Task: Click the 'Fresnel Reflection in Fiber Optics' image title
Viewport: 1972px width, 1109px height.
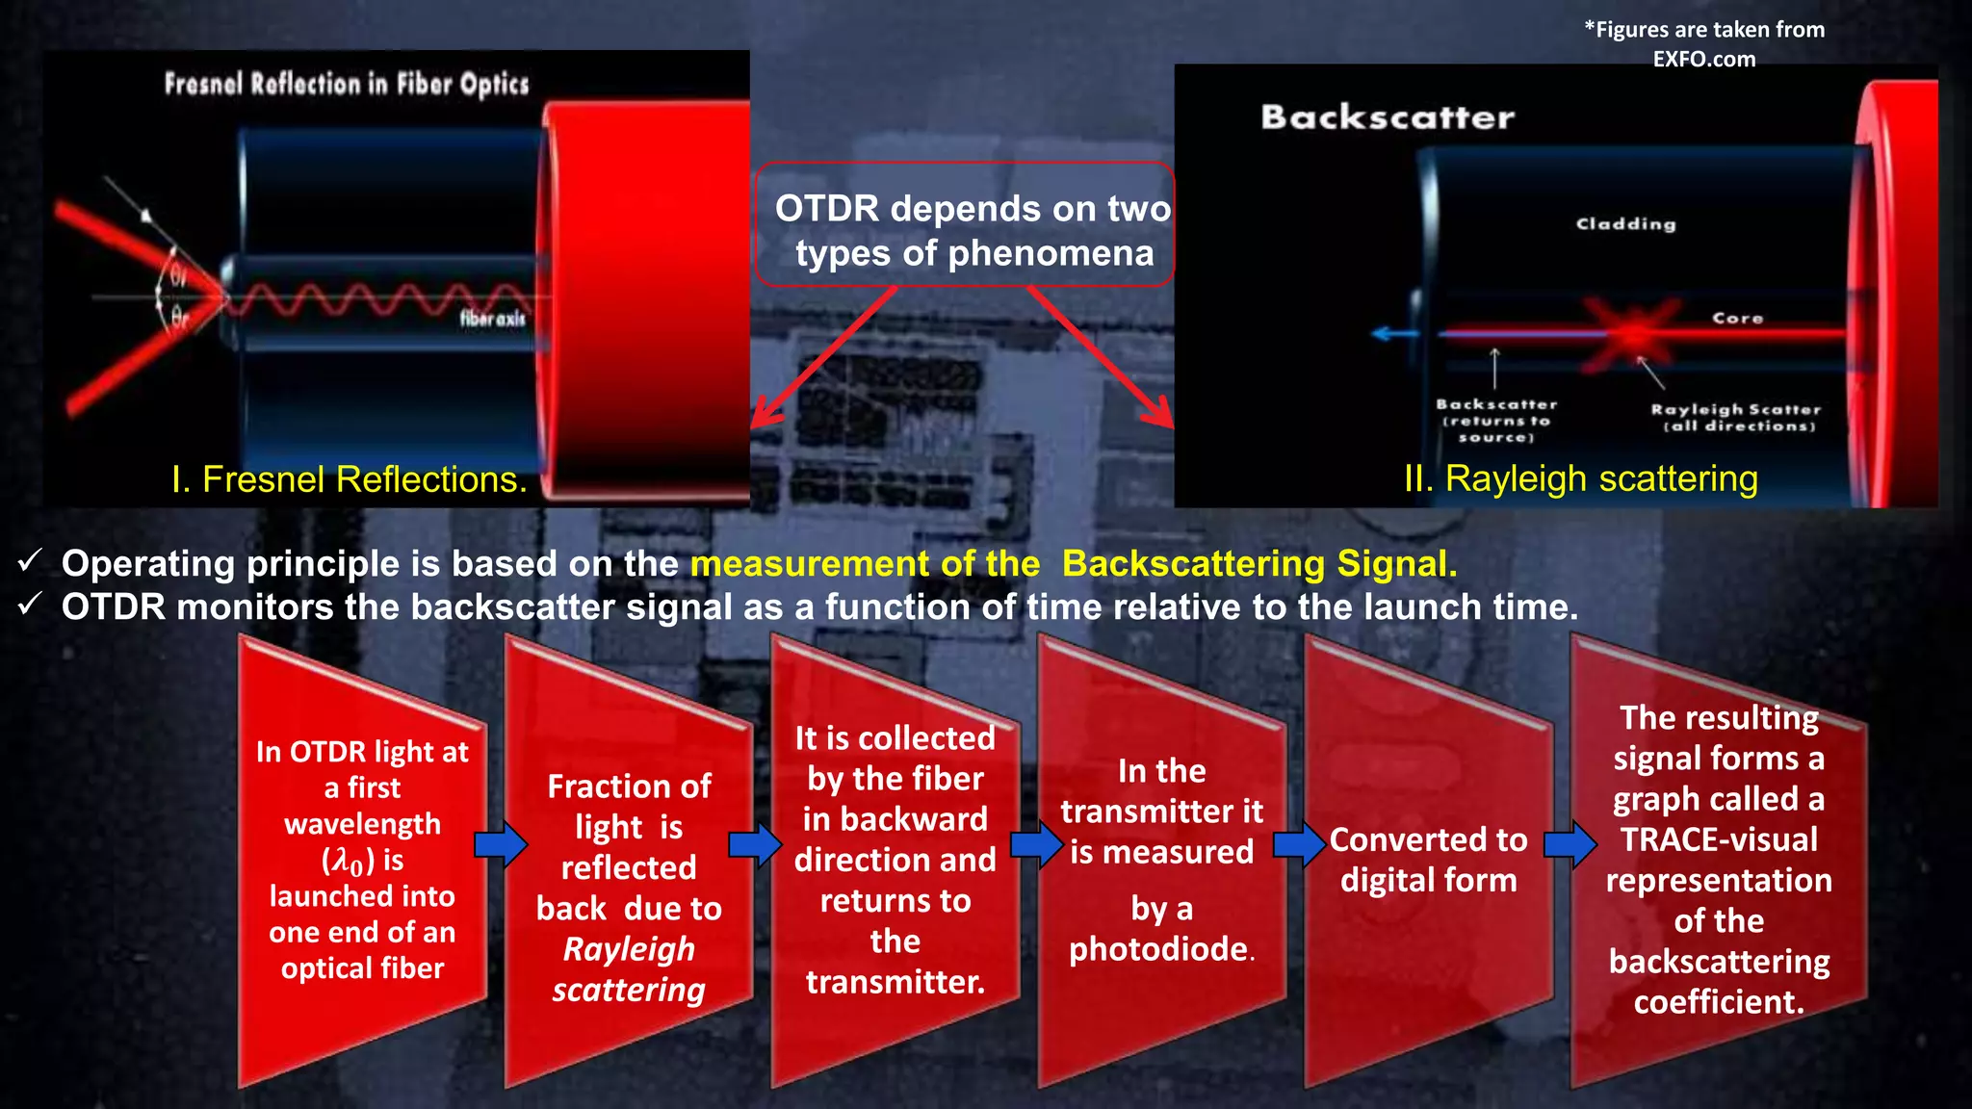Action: click(x=347, y=85)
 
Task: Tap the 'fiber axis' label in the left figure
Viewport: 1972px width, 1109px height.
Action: click(x=492, y=319)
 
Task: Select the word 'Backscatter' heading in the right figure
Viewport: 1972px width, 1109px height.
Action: click(x=1387, y=117)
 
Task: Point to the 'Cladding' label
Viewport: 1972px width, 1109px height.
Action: click(x=1625, y=224)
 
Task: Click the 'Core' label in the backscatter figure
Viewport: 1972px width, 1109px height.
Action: click(x=1737, y=318)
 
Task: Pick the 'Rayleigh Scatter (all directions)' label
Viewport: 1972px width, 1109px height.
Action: click(x=1736, y=418)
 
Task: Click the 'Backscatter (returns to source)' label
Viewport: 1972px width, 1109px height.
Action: click(x=1496, y=421)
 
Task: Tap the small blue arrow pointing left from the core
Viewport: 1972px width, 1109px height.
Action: click(x=1393, y=334)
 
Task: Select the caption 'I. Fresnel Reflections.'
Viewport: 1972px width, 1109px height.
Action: click(x=349, y=479)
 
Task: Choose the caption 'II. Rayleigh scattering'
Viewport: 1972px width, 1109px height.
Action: click(x=1580, y=478)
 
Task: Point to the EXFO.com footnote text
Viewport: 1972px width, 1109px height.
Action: click(x=1703, y=44)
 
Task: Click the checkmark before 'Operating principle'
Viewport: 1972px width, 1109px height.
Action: click(x=30, y=560)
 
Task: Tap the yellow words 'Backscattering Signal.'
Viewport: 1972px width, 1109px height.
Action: click(x=1258, y=564)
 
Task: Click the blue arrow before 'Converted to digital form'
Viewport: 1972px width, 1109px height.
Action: click(x=1300, y=845)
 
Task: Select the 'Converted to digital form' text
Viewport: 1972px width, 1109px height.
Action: click(x=1428, y=860)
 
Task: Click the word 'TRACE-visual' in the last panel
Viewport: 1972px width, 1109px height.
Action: click(x=1719, y=839)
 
